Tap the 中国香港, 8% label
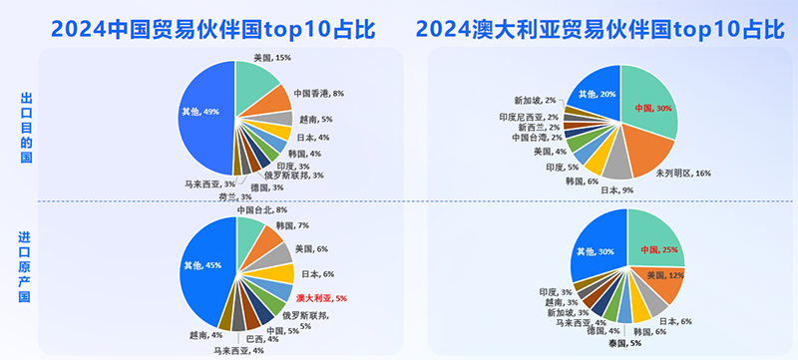(x=317, y=93)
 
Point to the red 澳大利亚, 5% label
(x=320, y=298)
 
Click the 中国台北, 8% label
(x=261, y=210)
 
